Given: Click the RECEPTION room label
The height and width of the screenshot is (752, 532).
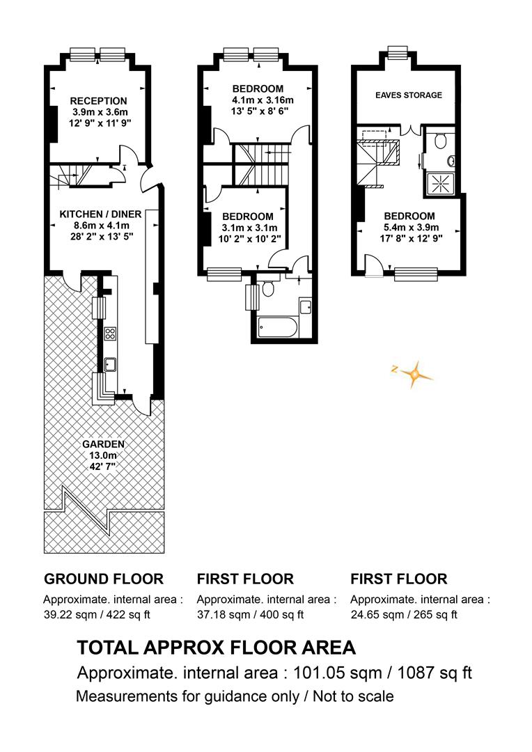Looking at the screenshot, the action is tap(98, 101).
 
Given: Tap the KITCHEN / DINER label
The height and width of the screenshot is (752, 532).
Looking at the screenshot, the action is tap(100, 214).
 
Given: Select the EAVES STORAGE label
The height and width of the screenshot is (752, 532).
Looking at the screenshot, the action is tap(409, 95).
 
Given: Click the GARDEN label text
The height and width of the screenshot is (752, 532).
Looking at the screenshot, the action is tap(103, 444).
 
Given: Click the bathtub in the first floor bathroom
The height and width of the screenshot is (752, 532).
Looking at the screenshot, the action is tap(278, 327).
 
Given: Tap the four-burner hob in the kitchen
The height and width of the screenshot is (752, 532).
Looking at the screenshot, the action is tap(110, 334).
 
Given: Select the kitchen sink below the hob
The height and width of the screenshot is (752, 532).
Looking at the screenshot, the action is tap(110, 365).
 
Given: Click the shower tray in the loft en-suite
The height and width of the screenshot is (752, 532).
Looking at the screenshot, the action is tap(439, 183).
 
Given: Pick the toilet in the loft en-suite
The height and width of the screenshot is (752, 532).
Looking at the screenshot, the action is tap(440, 140).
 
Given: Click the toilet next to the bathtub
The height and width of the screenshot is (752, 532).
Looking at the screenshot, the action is tap(267, 289).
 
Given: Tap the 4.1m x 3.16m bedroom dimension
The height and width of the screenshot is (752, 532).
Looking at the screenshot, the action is tap(262, 100).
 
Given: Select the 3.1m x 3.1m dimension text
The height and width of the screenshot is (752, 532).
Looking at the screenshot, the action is tap(249, 228).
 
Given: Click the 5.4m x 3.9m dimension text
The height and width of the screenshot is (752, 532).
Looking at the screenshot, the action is tap(411, 227).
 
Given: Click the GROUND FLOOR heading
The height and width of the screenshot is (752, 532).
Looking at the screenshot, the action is tap(104, 579).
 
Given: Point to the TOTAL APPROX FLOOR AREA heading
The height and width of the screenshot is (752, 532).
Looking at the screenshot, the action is tap(217, 648).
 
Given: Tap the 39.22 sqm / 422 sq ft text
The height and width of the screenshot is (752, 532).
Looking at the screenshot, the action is tap(97, 614).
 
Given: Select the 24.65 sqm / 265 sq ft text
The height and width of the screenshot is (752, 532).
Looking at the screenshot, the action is tap(404, 614).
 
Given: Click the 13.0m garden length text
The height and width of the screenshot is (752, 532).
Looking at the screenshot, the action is tap(103, 455).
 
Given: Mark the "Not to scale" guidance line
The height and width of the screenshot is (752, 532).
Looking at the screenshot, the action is tap(235, 696).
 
